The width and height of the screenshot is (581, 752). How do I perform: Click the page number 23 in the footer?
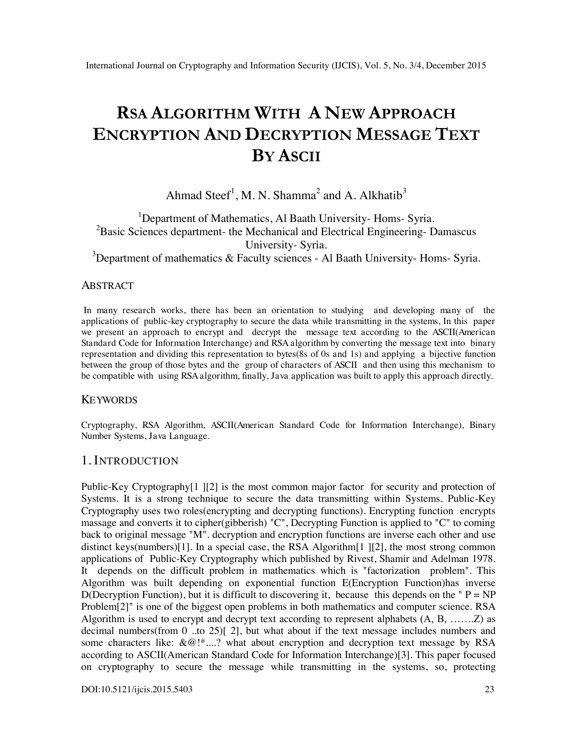click(489, 690)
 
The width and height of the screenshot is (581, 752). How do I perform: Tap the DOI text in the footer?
click(137, 690)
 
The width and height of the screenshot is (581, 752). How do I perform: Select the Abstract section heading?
click(108, 286)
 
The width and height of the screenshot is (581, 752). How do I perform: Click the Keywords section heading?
click(109, 400)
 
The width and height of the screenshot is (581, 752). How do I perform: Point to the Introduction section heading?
click(129, 461)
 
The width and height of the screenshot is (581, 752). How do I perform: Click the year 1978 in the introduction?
click(484, 559)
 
